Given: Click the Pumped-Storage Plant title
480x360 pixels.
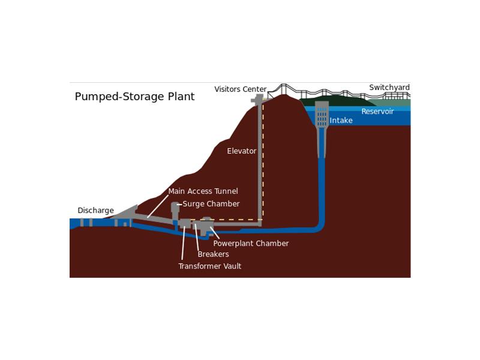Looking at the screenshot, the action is [134, 97].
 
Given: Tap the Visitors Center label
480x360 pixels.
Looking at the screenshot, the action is [241, 89].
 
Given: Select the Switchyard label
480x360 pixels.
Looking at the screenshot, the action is [389, 88].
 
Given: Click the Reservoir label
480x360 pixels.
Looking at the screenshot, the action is [377, 112].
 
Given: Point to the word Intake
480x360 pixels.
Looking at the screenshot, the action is [341, 121].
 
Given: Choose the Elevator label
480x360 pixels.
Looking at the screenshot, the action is [242, 151].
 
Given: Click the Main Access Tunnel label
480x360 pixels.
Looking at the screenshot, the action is [203, 191].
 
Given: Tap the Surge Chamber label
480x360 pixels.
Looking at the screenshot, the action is [211, 204].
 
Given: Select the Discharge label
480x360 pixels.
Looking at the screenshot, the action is [95, 211].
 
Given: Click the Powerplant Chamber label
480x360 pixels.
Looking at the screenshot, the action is [251, 244].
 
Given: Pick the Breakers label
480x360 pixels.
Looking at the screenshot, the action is [214, 254].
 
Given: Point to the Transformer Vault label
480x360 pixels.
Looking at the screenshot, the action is [210, 266].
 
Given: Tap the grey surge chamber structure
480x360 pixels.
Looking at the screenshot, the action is [175, 211].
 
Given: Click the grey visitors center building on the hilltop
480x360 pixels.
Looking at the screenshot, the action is [258, 99].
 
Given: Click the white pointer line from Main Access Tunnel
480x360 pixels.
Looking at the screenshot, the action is [158, 206].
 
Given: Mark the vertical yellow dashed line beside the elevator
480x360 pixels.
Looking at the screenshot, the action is [263, 162].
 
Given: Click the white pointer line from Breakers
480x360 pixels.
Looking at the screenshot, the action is [197, 237].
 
